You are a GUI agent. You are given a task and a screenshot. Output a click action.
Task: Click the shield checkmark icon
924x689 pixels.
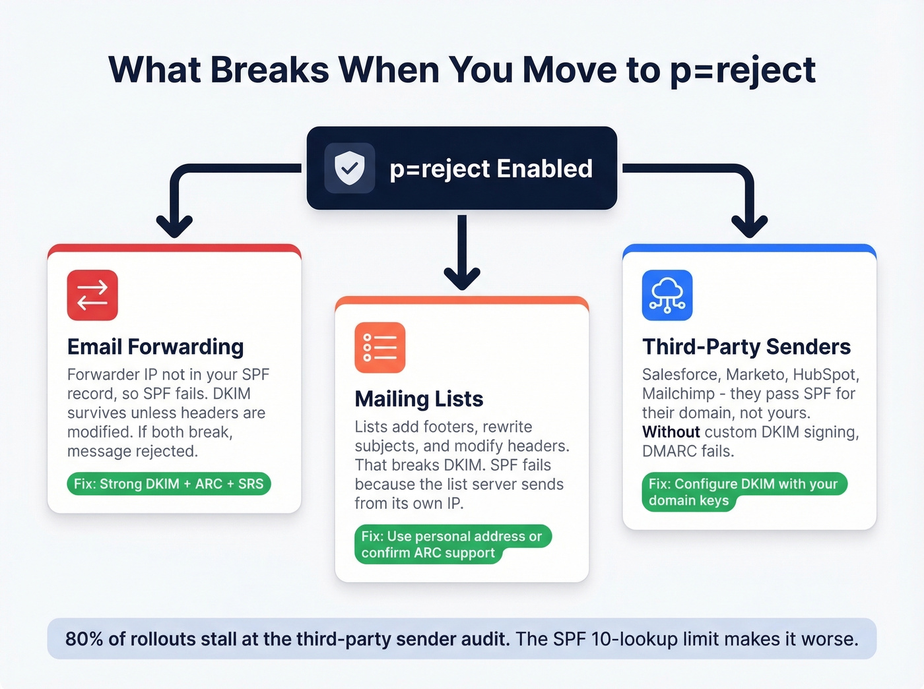pyautogui.click(x=349, y=168)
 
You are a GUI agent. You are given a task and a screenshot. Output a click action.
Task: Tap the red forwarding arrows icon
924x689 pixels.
pyautogui.click(x=92, y=295)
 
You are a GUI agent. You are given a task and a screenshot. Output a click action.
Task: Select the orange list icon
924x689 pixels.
pyautogui.click(x=379, y=347)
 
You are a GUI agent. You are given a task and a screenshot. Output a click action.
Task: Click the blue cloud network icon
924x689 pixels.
pyautogui.click(x=667, y=295)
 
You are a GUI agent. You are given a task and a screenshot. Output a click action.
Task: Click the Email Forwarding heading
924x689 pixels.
pyautogui.click(x=155, y=347)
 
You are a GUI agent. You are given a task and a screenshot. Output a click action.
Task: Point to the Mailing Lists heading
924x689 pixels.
pyautogui.click(x=418, y=399)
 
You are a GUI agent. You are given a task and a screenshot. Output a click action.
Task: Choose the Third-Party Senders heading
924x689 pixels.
pyautogui.click(x=746, y=347)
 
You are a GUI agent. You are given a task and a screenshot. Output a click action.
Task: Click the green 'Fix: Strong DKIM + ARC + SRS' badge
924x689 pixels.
pyautogui.click(x=168, y=484)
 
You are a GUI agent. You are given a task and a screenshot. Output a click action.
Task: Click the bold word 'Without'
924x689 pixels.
pyautogui.click(x=671, y=432)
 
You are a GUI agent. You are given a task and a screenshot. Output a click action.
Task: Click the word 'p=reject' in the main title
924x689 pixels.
pyautogui.click(x=742, y=70)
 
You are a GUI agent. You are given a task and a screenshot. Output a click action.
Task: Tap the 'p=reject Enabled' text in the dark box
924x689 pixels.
pyautogui.click(x=490, y=169)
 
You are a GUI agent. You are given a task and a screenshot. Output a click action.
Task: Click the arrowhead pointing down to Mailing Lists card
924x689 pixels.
pyautogui.click(x=462, y=279)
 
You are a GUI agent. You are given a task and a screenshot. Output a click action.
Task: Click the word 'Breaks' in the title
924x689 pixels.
pyautogui.click(x=269, y=70)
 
